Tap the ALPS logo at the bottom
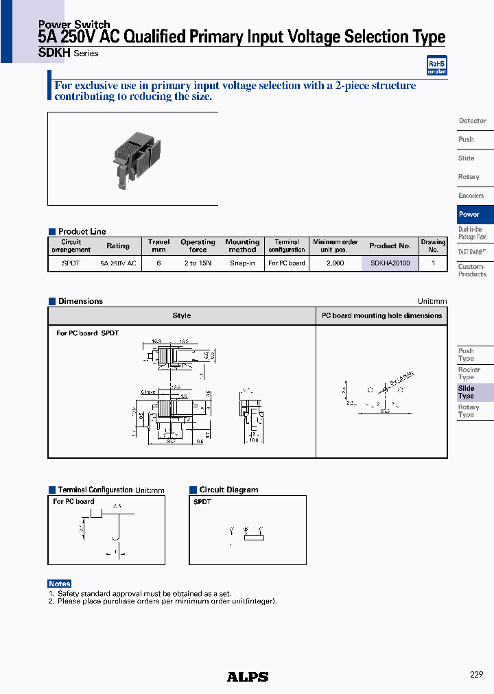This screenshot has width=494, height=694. [x=248, y=677]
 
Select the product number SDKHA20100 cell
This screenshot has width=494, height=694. [x=390, y=263]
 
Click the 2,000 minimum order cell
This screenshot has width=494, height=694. [x=335, y=263]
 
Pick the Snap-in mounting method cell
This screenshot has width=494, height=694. [x=242, y=263]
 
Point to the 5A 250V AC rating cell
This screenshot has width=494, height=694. [x=118, y=263]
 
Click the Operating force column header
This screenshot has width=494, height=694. [x=198, y=246]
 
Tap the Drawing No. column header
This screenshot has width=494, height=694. [x=433, y=246]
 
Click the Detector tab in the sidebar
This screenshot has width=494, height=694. [x=473, y=121]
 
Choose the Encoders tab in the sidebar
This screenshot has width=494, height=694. [x=471, y=196]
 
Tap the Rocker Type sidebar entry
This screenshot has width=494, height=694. [x=469, y=373]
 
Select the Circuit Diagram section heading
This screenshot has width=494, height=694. [x=228, y=490]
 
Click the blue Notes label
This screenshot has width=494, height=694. [x=60, y=584]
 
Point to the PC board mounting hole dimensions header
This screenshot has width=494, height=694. [x=381, y=315]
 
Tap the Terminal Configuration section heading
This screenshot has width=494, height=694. [x=95, y=490]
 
